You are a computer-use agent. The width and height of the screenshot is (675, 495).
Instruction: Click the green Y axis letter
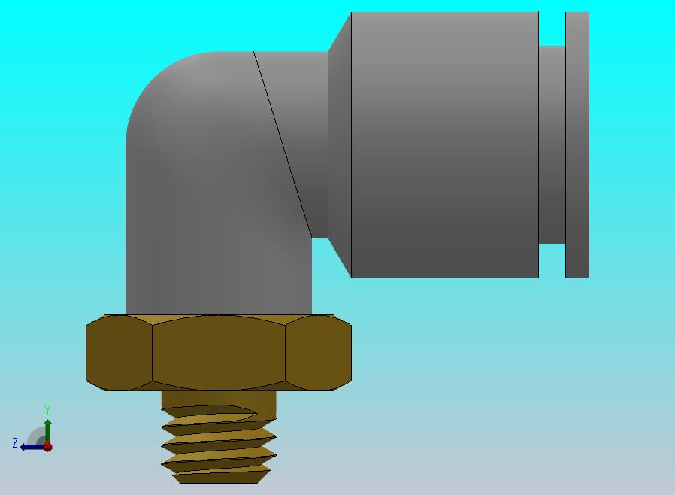coord(47,410)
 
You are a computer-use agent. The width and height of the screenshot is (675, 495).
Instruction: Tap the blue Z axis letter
coord(15,442)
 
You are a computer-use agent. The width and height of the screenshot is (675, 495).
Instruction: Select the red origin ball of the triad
coord(48,447)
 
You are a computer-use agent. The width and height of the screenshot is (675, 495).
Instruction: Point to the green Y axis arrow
coord(48,431)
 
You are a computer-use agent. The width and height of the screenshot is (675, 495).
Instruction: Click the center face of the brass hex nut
coord(219,353)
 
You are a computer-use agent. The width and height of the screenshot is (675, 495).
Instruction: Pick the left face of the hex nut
coord(119,353)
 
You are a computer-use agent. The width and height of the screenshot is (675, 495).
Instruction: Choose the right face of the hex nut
coord(318,353)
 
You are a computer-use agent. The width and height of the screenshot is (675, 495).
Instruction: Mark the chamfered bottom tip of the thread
coord(219,478)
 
